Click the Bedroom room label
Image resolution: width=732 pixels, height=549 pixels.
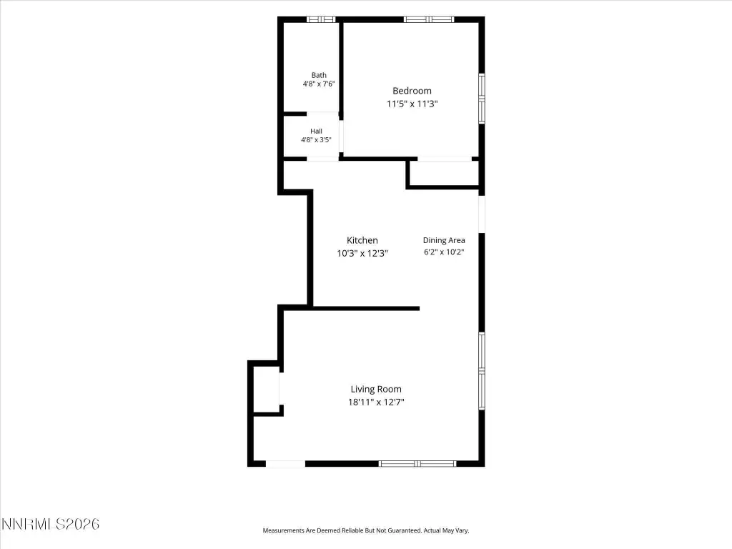click(412, 91)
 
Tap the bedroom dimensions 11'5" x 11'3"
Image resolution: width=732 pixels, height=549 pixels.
click(412, 104)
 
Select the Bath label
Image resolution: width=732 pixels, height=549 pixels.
click(319, 75)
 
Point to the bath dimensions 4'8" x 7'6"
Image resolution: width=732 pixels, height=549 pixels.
click(319, 84)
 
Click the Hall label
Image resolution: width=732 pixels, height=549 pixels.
click(316, 132)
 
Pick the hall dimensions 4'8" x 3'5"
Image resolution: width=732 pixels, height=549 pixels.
click(316, 139)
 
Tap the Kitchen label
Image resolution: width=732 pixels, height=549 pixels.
click(362, 240)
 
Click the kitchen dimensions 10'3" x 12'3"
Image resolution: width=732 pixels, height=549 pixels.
click(362, 254)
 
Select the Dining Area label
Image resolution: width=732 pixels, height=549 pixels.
click(444, 240)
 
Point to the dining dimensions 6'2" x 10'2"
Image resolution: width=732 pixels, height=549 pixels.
click(444, 252)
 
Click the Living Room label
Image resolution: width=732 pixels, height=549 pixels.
click(376, 390)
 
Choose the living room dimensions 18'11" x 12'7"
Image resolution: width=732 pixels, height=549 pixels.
click(376, 402)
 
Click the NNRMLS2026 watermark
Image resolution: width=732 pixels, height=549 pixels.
click(51, 524)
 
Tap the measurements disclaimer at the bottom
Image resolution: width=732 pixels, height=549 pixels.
click(366, 530)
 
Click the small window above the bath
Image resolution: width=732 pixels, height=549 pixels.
click(321, 19)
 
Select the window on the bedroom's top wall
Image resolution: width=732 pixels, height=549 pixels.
click(429, 19)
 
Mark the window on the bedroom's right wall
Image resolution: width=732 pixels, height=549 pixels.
click(482, 98)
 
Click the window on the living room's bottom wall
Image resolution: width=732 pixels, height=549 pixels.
click(417, 463)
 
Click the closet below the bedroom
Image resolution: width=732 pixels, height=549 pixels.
click(444, 173)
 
